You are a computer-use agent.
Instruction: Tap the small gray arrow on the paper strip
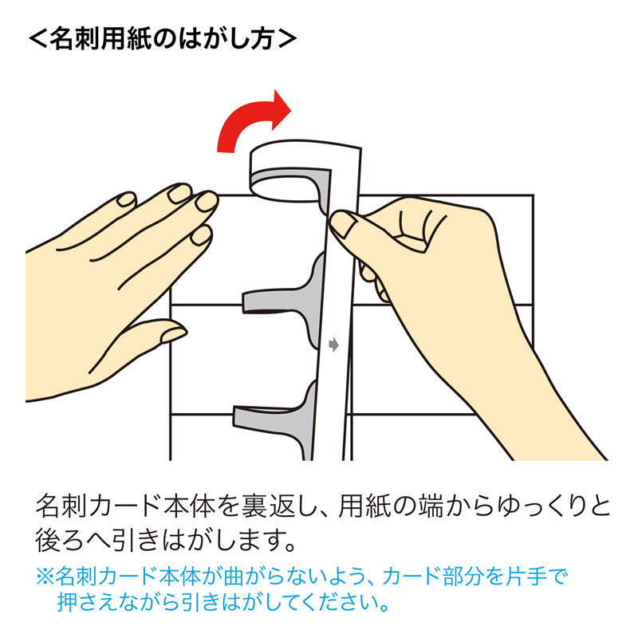pyautogui.click(x=334, y=345)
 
